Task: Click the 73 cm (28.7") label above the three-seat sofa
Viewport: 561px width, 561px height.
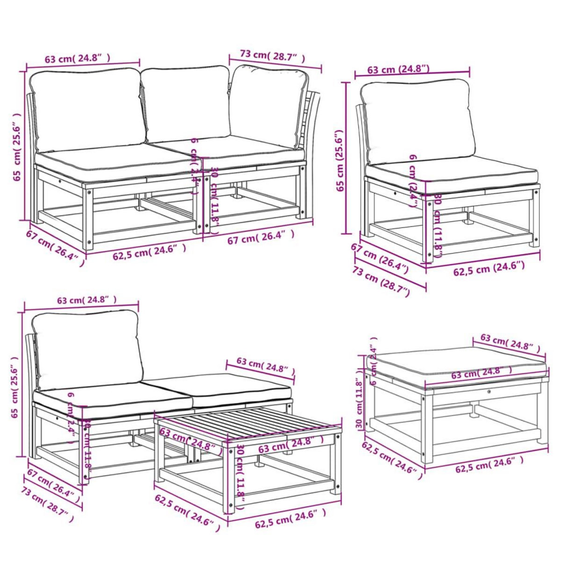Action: pos(272,56)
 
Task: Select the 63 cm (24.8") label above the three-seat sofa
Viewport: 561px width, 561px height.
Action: pos(78,58)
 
